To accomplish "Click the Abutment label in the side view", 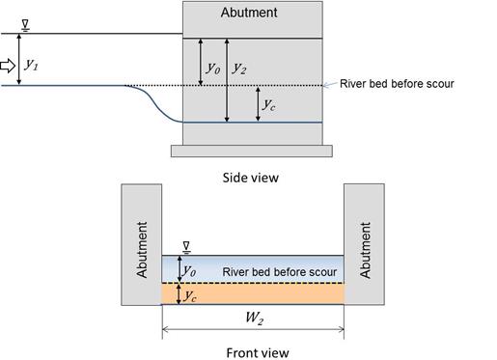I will (x=249, y=14).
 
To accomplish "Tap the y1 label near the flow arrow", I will (x=32, y=65).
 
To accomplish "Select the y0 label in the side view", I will (x=212, y=68).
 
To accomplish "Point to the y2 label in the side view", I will (x=241, y=68).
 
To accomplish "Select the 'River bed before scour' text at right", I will (x=397, y=84).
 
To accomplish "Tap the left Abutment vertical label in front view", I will (x=143, y=250).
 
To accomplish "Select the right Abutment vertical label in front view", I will (x=365, y=250).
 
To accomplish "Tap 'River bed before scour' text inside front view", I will (x=279, y=271).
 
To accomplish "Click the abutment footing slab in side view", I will (x=251, y=150).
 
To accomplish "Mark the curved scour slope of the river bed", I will (x=154, y=102).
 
